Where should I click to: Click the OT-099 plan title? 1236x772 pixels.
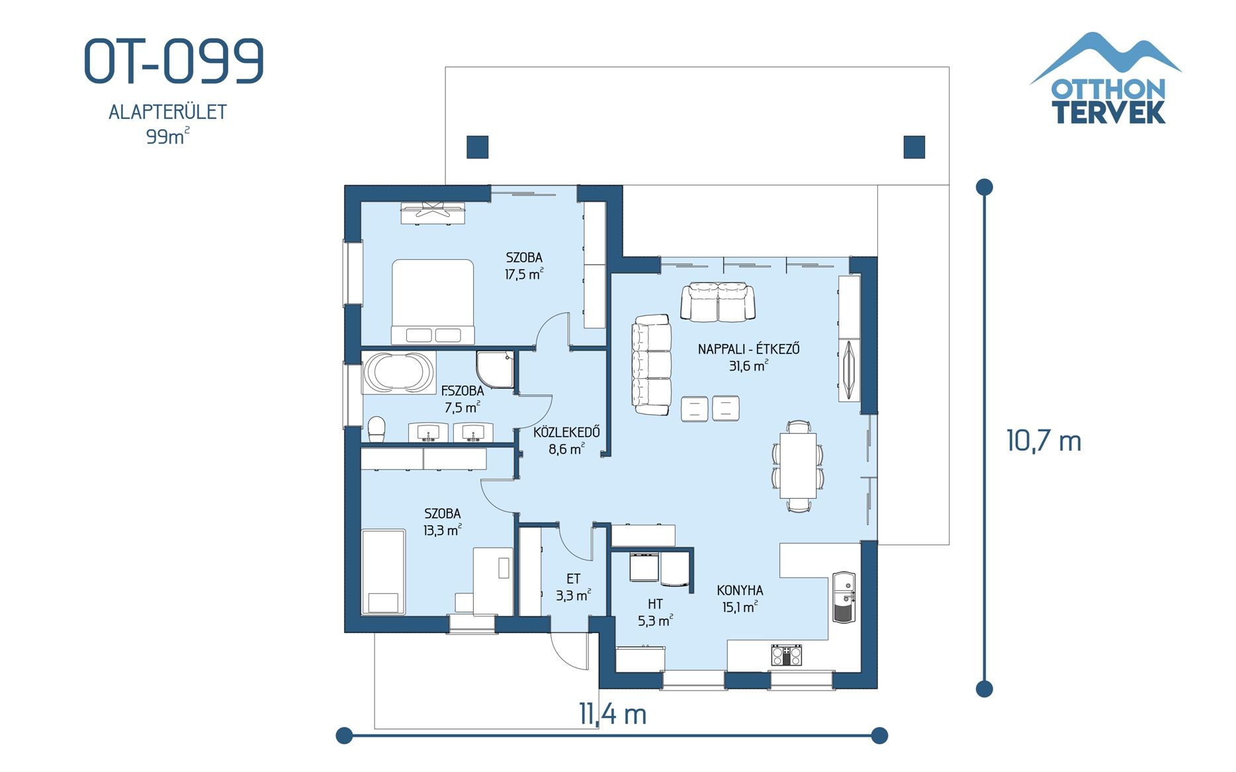174,61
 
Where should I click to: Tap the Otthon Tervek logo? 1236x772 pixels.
1106,79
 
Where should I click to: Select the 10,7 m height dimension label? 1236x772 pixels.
1043,441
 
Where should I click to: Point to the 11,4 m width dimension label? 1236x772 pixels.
612,714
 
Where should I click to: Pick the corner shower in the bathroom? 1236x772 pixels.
495,368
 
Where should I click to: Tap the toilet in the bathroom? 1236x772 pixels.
376,429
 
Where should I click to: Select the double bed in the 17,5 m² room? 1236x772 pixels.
433,301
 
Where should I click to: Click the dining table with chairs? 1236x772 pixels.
798,466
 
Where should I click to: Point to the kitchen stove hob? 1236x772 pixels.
786,655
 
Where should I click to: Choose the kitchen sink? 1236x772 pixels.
844,597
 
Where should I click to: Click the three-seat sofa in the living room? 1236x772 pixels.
651,365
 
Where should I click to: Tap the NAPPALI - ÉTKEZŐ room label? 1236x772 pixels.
748,349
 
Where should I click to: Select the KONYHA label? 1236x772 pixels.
740,590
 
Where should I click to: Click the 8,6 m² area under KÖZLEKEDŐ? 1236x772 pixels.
566,450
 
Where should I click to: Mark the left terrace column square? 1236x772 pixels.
477,147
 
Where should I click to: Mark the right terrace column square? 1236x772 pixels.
914,147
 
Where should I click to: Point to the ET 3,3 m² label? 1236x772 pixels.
573,587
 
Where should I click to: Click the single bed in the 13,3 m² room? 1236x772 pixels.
383,572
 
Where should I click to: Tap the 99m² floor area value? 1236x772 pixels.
167,137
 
